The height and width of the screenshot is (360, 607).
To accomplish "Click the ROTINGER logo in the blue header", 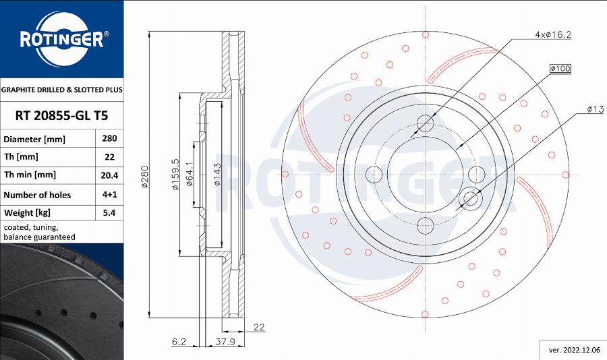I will [61, 38].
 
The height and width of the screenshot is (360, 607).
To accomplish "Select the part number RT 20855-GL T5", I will [61, 116].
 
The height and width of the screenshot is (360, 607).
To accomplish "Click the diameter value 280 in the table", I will [109, 139].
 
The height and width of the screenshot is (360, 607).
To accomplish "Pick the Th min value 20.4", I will [109, 175].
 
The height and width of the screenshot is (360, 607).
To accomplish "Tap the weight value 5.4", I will [109, 213].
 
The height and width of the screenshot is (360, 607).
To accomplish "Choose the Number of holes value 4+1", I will [109, 195].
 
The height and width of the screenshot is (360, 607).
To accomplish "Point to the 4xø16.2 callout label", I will [553, 34].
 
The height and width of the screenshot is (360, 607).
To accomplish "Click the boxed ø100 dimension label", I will [560, 69].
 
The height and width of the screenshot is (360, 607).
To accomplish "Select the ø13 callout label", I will [594, 109].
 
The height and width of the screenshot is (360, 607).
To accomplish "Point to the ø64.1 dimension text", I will [190, 174].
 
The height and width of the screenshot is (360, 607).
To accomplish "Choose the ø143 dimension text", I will [217, 174].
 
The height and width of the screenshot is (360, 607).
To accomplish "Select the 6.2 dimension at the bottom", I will [178, 342].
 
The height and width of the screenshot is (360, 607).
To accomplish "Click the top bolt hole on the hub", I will [426, 123].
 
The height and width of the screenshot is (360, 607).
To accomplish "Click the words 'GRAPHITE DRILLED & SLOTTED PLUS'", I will [61, 90].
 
